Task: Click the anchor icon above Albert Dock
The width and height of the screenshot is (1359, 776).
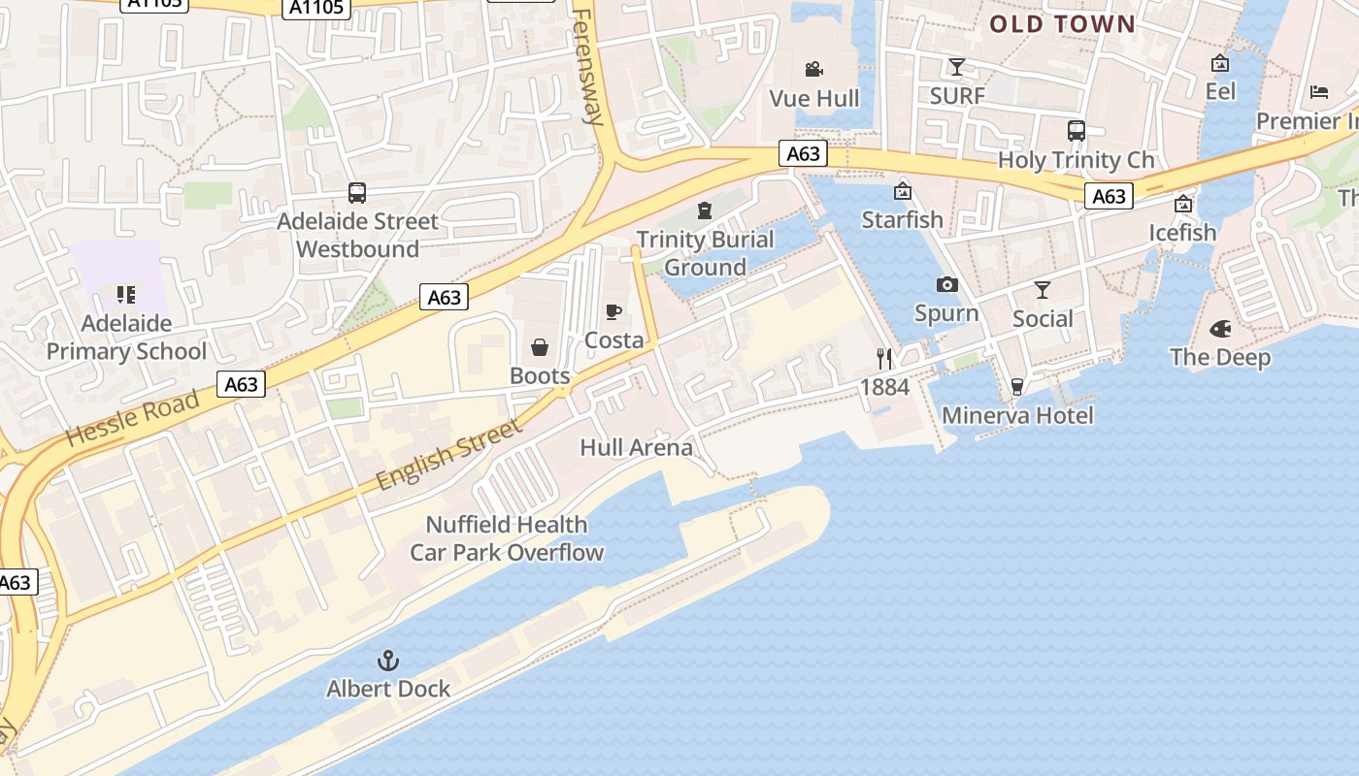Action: [x=388, y=662]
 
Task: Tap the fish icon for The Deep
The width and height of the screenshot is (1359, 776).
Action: [x=1220, y=329]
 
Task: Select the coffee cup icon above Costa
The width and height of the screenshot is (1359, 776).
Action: [x=613, y=311]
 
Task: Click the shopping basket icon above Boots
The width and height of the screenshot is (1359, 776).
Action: [x=540, y=347]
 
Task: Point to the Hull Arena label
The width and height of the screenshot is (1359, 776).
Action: [x=636, y=447]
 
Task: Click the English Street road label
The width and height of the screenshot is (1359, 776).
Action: [x=448, y=453]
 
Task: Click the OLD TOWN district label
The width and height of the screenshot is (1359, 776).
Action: [x=1062, y=24]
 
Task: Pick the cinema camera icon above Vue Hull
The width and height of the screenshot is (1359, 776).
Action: [x=814, y=69]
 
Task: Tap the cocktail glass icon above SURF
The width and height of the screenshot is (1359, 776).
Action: [x=957, y=67]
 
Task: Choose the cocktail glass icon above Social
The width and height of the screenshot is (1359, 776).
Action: [x=1043, y=290]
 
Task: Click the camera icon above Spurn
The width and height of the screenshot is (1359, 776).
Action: [x=946, y=284]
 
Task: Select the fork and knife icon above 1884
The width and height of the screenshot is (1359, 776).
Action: [x=884, y=359]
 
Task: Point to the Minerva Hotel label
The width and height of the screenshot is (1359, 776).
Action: [x=1017, y=416]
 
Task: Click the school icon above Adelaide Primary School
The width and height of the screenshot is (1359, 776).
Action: [x=126, y=295]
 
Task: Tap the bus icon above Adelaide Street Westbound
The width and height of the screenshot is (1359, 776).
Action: [x=357, y=193]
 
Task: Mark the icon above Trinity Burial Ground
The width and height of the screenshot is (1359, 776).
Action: [x=705, y=210]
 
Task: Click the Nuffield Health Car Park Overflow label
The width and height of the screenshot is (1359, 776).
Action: [x=507, y=538]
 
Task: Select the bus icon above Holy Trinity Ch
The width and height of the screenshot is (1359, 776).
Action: [x=1076, y=131]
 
